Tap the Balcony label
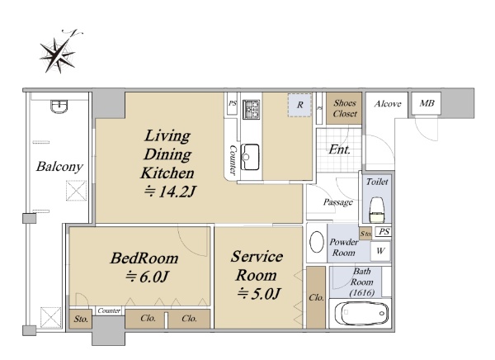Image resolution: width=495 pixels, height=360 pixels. pyautogui.click(x=59, y=167)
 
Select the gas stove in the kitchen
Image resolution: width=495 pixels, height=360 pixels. pyautogui.click(x=252, y=109)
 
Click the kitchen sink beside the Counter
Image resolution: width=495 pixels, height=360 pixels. pyautogui.click(x=250, y=157)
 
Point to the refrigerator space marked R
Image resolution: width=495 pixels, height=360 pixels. pyautogui.click(x=299, y=105)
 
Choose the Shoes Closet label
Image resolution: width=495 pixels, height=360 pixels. pyautogui.click(x=345, y=108)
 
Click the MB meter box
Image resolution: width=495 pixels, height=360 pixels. pyautogui.click(x=427, y=103)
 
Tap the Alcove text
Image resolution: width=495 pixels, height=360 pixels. pyautogui.click(x=388, y=104)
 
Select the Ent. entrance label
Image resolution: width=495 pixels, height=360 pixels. pyautogui.click(x=339, y=149)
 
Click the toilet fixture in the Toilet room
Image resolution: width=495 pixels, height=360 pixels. pyautogui.click(x=377, y=210)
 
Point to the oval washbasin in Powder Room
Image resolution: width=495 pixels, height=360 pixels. pyautogui.click(x=317, y=242)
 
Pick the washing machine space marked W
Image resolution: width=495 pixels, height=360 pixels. pyautogui.click(x=380, y=251)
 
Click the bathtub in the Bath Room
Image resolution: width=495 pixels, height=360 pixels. pyautogui.click(x=360, y=313)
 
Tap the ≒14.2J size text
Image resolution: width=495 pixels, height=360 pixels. pyautogui.click(x=170, y=192)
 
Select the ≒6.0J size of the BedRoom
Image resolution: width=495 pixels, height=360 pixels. pyautogui.click(x=147, y=277)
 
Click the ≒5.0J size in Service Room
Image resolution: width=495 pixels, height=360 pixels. pyautogui.click(x=258, y=294)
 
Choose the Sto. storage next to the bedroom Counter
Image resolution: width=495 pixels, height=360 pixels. pyautogui.click(x=81, y=319)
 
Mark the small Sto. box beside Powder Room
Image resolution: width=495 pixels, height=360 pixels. pyautogui.click(x=365, y=234)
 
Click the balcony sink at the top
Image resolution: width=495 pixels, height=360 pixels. pyautogui.click(x=59, y=107)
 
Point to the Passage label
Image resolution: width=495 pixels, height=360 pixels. pyautogui.click(x=337, y=202)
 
